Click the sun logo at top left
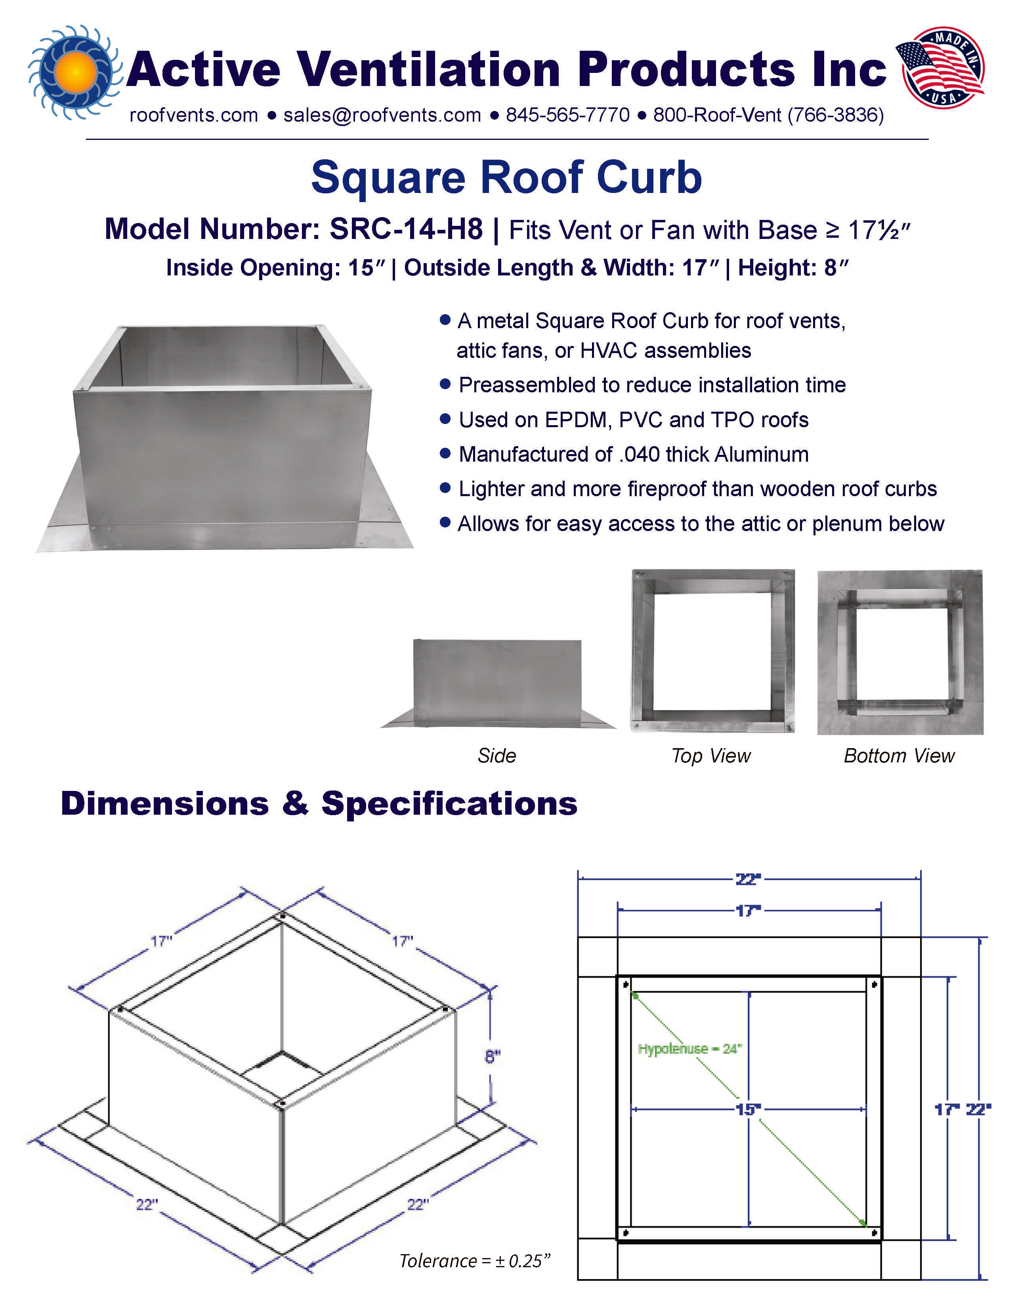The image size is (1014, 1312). coord(74,71)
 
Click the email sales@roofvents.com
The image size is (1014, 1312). coord(382,115)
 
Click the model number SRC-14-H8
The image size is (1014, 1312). coord(406,229)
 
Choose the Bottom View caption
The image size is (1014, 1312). coord(899,756)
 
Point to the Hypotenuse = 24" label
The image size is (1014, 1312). coord(689,1049)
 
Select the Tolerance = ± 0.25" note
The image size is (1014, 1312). coord(475,1260)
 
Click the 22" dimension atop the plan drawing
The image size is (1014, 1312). coord(749,879)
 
